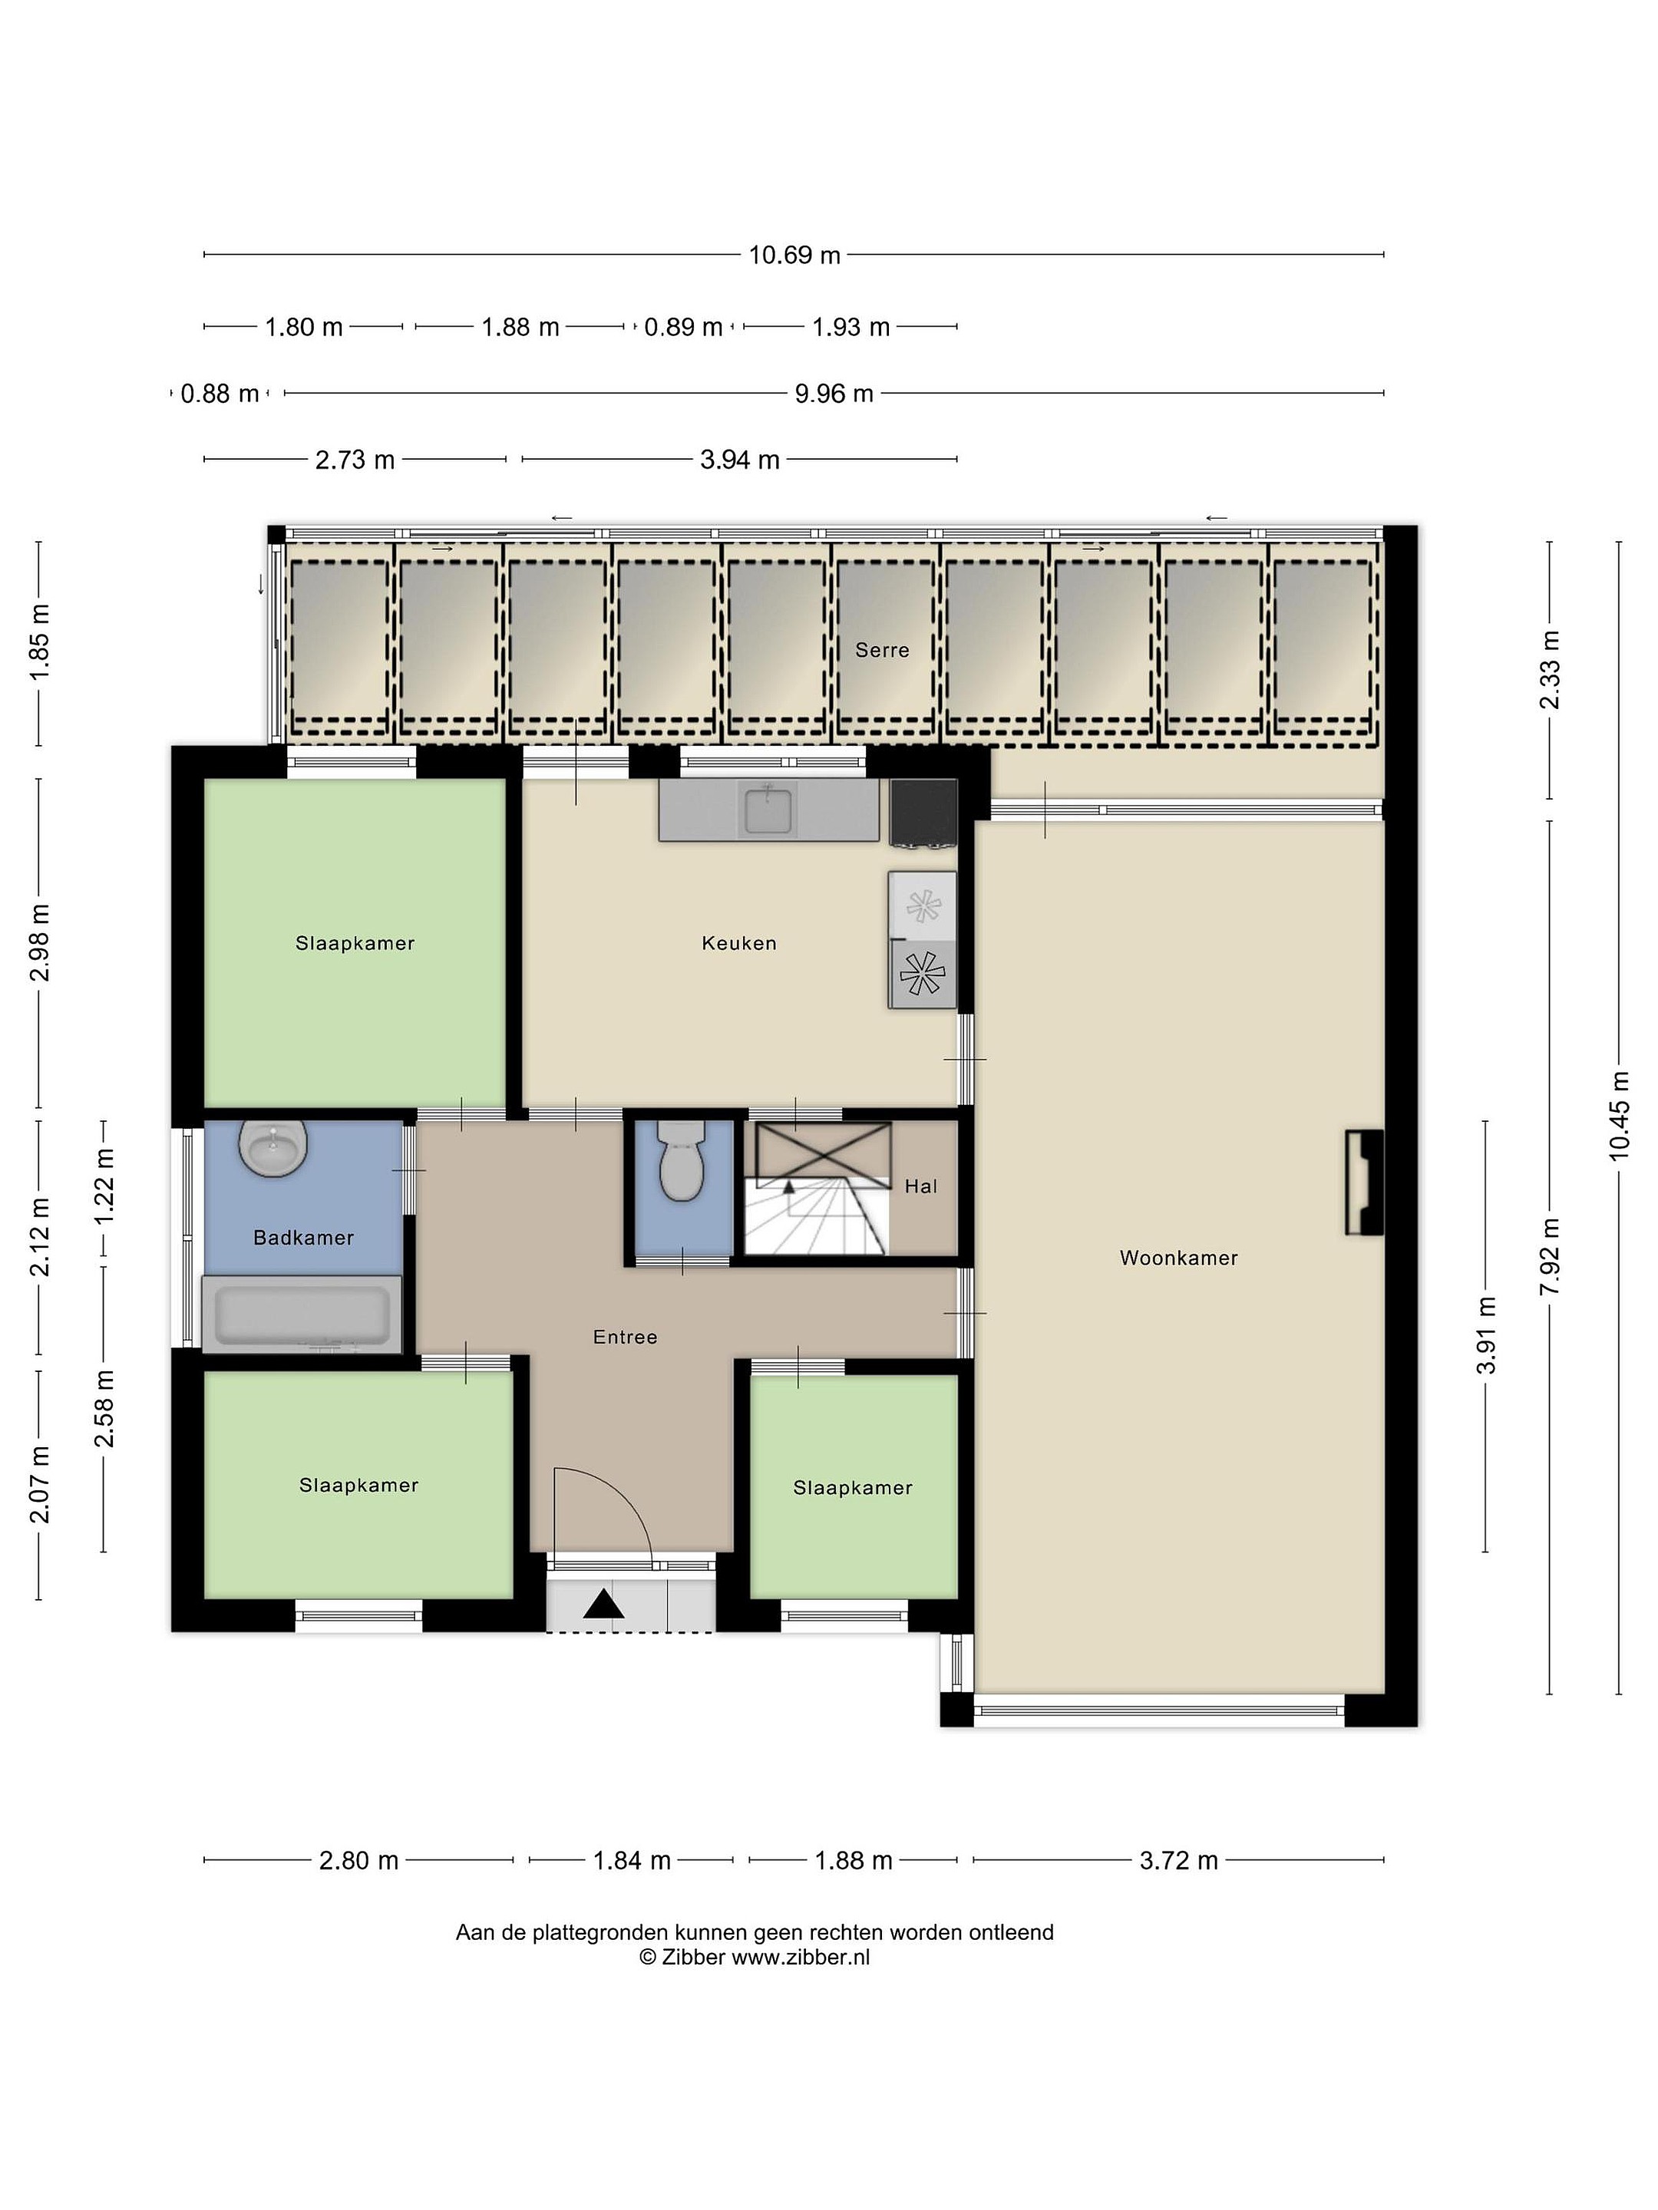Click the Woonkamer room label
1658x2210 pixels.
pyautogui.click(x=1178, y=1258)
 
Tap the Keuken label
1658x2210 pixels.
pyautogui.click(x=738, y=942)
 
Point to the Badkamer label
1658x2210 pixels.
pyautogui.click(x=304, y=1237)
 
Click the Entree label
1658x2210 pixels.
pyautogui.click(x=626, y=1337)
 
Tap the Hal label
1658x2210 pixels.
pyautogui.click(x=921, y=1186)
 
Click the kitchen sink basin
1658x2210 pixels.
pyautogui.click(x=768, y=810)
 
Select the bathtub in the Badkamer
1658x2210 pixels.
pyautogui.click(x=302, y=1314)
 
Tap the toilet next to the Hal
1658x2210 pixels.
pyautogui.click(x=682, y=1161)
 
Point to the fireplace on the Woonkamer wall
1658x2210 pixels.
pyautogui.click(x=1364, y=1183)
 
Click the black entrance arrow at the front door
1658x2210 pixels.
pyautogui.click(x=603, y=1604)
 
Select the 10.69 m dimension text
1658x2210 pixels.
pyautogui.click(x=794, y=255)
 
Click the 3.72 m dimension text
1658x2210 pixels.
pyautogui.click(x=1179, y=1860)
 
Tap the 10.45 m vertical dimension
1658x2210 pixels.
pyautogui.click(x=1619, y=1115)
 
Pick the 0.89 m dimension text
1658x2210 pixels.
pyautogui.click(x=684, y=327)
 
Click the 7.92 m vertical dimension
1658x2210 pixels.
pyautogui.click(x=1550, y=1257)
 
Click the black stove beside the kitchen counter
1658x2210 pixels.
pyautogui.click(x=923, y=813)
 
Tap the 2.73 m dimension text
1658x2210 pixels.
pyautogui.click(x=355, y=460)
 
